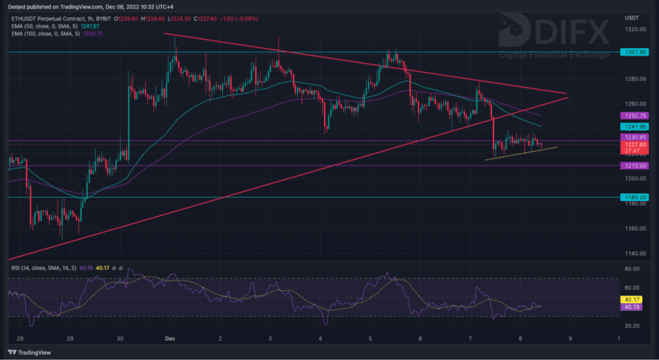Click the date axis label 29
[x=70, y=337]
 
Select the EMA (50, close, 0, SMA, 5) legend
[x=50, y=25]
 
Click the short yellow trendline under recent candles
[x=521, y=153]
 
